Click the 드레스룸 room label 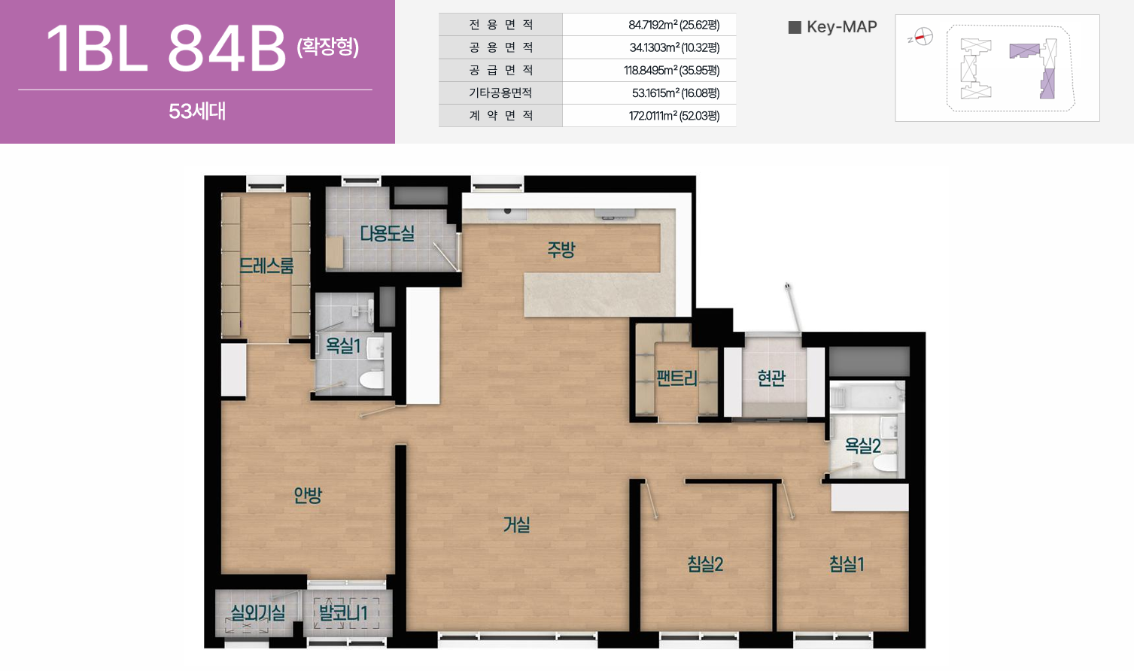(266, 265)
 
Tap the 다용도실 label (388, 233)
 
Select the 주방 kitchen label (561, 249)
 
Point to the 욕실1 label (342, 345)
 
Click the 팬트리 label (676, 378)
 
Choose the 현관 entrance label (771, 378)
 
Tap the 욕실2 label (862, 445)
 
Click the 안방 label (308, 495)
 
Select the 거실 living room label (516, 525)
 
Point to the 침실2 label (705, 563)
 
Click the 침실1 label (847, 563)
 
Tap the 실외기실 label (257, 613)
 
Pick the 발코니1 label (342, 613)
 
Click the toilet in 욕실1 (372, 380)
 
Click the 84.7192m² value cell (673, 25)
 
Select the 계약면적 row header (500, 115)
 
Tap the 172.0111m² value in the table (673, 116)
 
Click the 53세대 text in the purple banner (197, 111)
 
